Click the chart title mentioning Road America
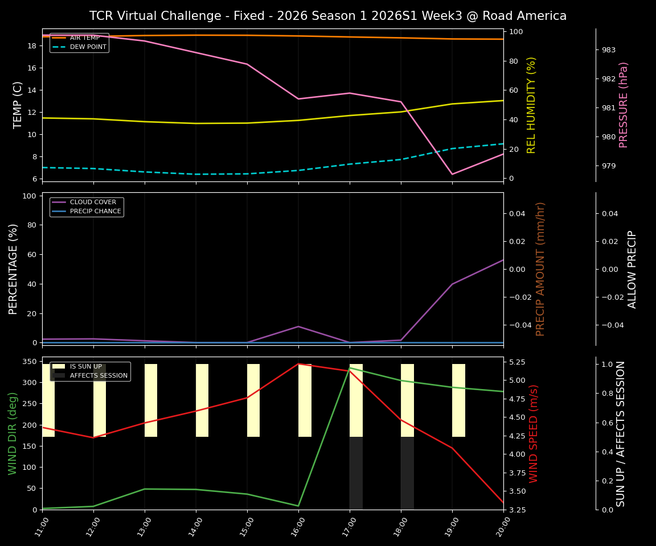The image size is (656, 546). tap(328, 16)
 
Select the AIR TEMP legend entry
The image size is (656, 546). tap(84, 38)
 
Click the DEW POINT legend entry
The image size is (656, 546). tap(88, 47)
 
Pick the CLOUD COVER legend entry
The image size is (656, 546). tap(92, 202)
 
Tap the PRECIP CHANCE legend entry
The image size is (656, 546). tap(95, 211)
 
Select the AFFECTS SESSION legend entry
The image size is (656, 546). tap(99, 375)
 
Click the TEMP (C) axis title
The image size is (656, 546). tap(18, 105)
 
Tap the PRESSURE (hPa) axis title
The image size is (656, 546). tap(624, 105)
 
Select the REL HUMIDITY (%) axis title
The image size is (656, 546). tap(532, 105)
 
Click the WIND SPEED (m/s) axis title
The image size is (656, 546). tap(534, 433)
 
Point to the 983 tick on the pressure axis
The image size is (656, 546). tap(608, 50)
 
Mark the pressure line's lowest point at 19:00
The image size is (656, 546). tap(452, 174)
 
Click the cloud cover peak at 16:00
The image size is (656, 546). tap(298, 326)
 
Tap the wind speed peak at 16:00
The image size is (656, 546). tap(298, 364)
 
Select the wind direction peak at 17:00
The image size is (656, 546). tap(350, 368)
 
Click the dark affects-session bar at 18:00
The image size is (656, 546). tap(407, 473)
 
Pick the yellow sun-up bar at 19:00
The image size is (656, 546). tap(458, 400)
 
